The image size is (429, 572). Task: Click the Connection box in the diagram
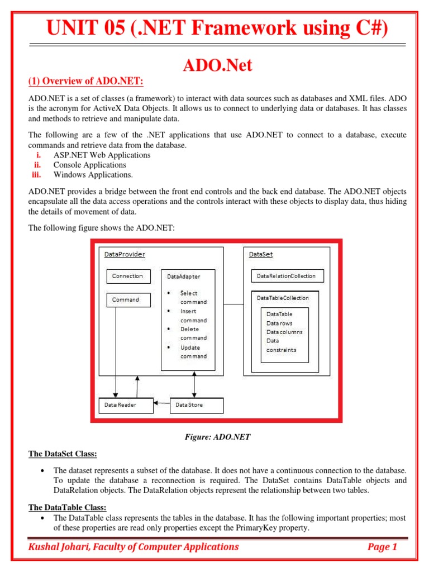(127, 276)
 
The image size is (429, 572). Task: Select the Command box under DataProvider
(128, 300)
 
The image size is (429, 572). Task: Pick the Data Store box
(196, 405)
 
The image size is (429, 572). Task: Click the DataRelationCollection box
(287, 276)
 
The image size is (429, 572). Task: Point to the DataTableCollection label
(283, 298)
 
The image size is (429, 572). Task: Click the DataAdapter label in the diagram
(184, 277)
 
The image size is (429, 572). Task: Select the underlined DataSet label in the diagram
(260, 255)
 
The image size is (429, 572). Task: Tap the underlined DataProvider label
(125, 255)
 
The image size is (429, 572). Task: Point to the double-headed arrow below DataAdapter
(194, 384)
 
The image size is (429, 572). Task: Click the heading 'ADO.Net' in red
(218, 65)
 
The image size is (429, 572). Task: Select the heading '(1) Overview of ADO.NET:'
(86, 82)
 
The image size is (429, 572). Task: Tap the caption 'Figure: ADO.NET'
(217, 437)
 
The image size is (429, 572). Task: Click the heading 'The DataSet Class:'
(63, 454)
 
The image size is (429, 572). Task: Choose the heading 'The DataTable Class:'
(67, 507)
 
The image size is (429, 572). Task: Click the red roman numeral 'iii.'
(37, 175)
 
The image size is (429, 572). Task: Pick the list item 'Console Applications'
(89, 165)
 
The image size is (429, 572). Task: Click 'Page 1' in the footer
(382, 547)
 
